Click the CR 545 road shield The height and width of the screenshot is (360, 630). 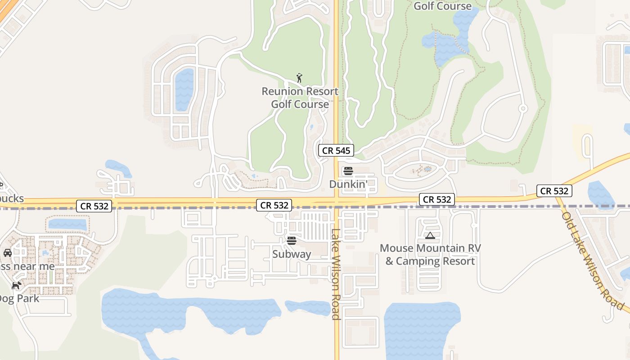336,150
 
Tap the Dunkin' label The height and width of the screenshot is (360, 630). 348,184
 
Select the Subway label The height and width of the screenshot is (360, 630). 292,254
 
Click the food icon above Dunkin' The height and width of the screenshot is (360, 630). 348,171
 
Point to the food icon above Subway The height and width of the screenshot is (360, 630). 292,241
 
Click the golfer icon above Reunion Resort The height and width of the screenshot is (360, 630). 299,78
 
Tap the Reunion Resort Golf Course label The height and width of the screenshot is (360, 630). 300,98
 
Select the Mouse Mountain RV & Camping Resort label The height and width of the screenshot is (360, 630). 430,255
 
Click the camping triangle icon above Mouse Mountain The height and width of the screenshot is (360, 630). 430,235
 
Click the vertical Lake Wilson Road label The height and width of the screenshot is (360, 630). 336,274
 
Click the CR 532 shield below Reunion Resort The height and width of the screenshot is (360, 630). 274,205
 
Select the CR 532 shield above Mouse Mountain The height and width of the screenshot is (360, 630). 437,199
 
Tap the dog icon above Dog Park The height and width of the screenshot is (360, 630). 17,285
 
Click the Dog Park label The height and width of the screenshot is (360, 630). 19,298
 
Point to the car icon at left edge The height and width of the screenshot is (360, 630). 7,253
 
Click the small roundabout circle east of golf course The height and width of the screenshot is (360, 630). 523,108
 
